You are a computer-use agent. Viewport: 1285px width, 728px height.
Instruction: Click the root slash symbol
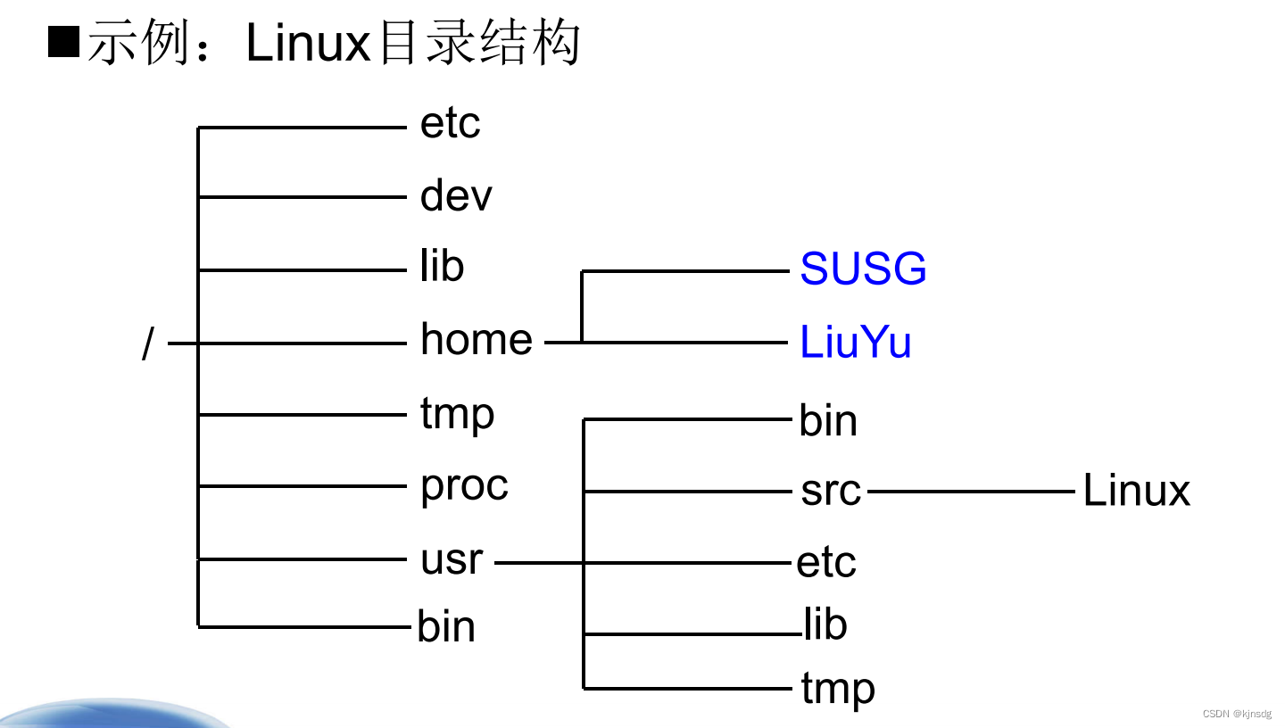[x=148, y=343]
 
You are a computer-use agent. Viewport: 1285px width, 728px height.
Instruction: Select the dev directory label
[x=456, y=195]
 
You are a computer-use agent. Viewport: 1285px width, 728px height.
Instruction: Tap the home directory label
[x=477, y=339]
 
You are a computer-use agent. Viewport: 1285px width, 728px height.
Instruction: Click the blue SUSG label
[x=863, y=269]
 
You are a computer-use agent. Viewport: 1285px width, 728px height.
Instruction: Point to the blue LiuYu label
[x=855, y=342]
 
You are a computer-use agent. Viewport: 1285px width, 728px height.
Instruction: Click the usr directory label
[x=452, y=559]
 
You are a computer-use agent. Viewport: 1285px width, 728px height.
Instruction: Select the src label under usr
[x=831, y=491]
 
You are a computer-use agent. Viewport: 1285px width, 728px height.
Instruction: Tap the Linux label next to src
[x=1136, y=491]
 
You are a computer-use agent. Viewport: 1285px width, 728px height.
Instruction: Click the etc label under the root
[x=450, y=123]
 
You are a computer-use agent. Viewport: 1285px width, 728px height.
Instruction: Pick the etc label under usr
[x=826, y=563]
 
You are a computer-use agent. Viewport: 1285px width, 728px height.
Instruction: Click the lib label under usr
[x=825, y=624]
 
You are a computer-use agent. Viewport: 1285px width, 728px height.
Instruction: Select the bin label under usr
[x=828, y=421]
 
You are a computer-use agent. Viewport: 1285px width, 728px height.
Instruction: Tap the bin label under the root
[x=446, y=626]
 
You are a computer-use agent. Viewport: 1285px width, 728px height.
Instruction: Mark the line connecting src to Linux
[x=971, y=491]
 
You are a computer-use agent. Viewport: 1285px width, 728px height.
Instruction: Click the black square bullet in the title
[x=63, y=42]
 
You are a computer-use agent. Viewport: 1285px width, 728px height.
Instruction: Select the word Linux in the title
[x=308, y=43]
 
